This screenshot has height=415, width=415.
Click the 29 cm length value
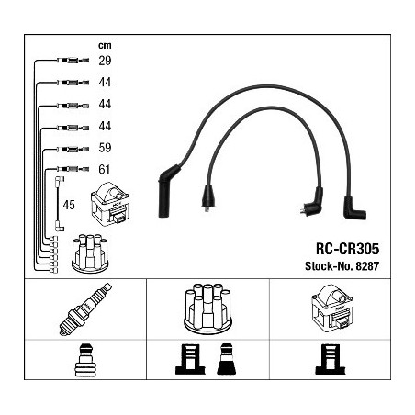pos(105,61)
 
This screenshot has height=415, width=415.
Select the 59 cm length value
pos(105,148)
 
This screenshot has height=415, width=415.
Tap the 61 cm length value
pos(104,169)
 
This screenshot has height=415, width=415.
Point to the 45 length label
pos(69,205)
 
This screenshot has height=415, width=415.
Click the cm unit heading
pos(105,46)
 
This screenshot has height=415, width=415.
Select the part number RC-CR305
pos(347,249)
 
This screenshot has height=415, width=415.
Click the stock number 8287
pos(367,266)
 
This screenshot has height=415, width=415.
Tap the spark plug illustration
pos(85,309)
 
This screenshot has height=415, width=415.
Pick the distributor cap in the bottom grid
pos(207,308)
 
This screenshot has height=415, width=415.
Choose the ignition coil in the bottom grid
pos(332,308)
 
